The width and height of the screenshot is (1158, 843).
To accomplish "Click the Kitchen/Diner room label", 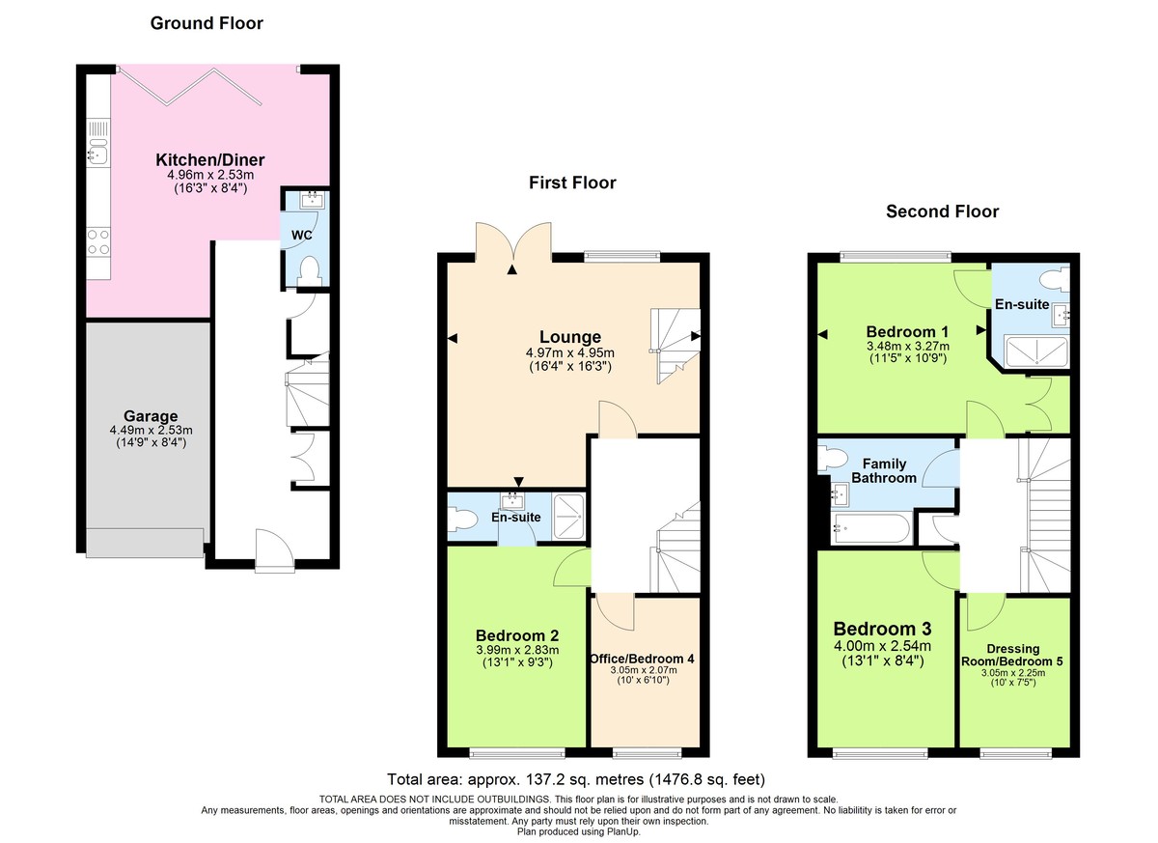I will coord(210,159).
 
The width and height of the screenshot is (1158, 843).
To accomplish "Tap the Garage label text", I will coord(150,417).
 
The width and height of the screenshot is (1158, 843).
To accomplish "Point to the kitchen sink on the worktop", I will coord(96,153).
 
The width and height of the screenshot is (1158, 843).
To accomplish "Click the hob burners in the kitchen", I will coord(97,240).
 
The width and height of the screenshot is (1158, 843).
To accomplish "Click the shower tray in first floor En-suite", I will coord(569,509).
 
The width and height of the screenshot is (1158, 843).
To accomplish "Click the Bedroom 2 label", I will coord(517,635).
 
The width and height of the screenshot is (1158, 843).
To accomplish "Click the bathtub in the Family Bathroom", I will coord(869,528).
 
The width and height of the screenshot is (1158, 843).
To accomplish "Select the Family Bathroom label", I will coord(884,470).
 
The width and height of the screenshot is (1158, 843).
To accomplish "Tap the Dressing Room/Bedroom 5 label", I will coord(1014,655).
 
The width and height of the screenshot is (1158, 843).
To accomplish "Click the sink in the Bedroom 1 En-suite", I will coord(1061,313).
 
